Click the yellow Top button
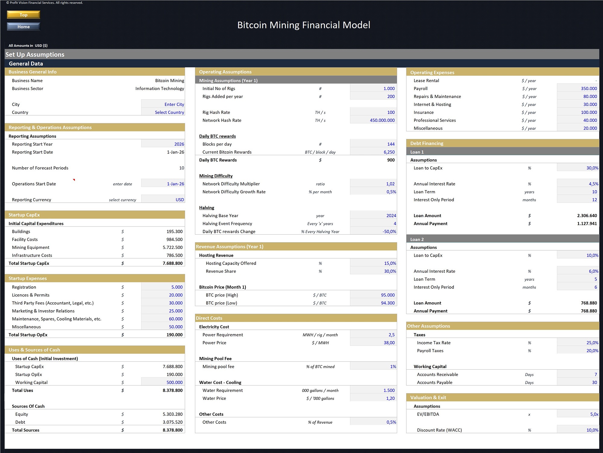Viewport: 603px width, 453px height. click(24, 15)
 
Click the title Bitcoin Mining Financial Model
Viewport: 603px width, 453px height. click(304, 25)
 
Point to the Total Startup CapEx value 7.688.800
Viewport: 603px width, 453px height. click(172, 263)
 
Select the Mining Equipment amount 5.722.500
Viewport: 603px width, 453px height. click(172, 247)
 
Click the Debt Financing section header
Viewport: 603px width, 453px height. click(427, 143)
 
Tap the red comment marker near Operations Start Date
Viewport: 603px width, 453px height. click(74, 180)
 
